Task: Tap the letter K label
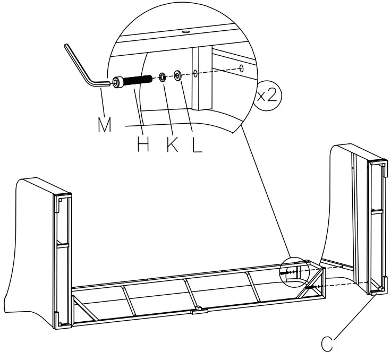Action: click(172, 144)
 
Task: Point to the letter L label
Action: click(197, 144)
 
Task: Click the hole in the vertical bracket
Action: click(195, 72)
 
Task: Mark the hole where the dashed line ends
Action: click(242, 67)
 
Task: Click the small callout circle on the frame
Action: click(293, 272)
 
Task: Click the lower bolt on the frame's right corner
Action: click(313, 287)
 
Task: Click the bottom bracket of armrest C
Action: click(376, 289)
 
